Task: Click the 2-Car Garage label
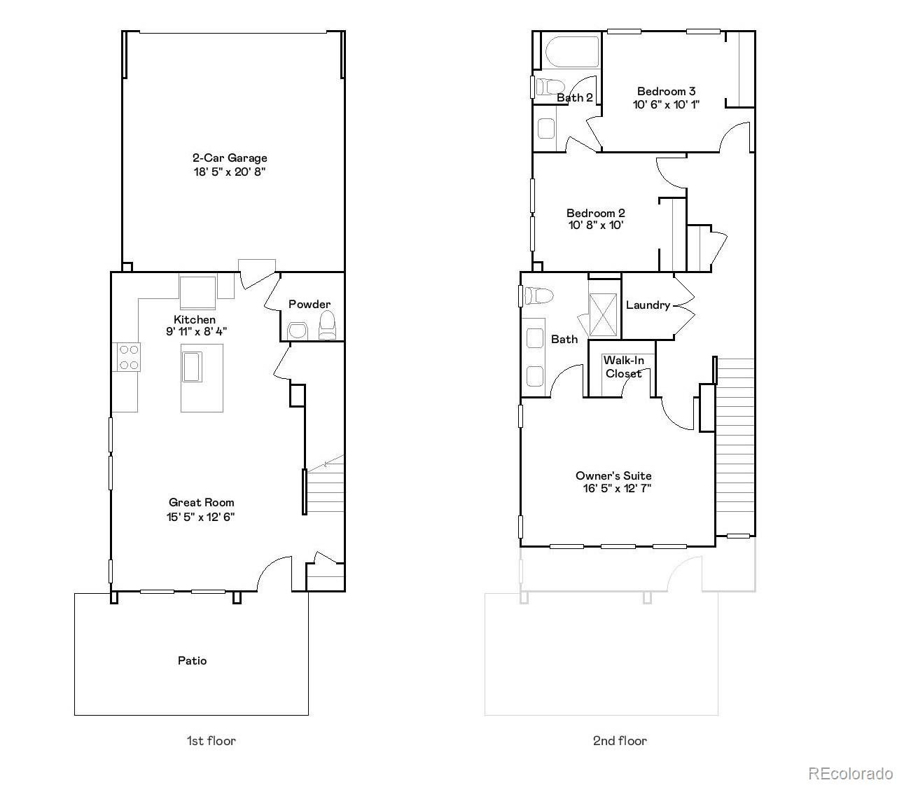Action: [x=230, y=158]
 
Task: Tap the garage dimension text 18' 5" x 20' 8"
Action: [x=230, y=172]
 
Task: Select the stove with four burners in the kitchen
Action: [x=127, y=356]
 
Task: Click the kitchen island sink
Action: [x=192, y=366]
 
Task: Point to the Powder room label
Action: [x=310, y=304]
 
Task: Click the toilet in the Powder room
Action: [x=327, y=326]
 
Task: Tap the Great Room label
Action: [x=201, y=502]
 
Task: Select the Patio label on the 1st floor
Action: [x=192, y=660]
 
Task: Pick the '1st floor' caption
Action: [x=211, y=740]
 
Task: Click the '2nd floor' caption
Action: [x=620, y=740]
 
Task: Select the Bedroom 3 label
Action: [x=666, y=91]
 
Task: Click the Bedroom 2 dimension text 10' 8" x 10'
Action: [x=595, y=225]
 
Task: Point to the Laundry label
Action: [x=648, y=305]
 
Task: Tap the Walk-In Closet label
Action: [x=623, y=367]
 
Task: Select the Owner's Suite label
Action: [x=613, y=475]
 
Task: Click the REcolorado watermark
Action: [x=850, y=773]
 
